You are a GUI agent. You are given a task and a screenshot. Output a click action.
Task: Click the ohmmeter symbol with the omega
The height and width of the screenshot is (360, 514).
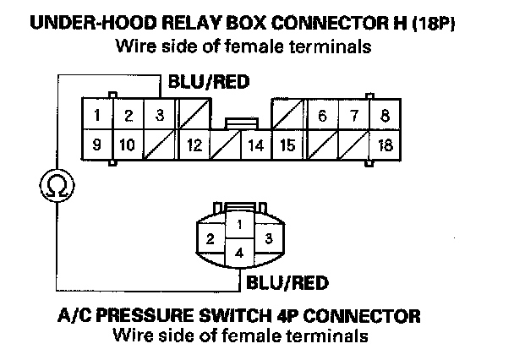click(x=57, y=185)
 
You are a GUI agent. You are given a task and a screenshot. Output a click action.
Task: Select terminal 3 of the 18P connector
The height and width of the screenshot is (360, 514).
click(x=160, y=114)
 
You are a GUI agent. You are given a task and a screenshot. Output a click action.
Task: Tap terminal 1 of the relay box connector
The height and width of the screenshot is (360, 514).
click(x=97, y=114)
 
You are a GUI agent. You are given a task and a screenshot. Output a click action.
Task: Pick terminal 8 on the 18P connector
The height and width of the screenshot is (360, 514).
click(x=385, y=115)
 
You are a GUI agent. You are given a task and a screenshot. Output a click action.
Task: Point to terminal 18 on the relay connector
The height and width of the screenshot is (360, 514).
click(x=385, y=145)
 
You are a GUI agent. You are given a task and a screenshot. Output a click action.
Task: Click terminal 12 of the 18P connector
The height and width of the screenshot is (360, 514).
click(x=194, y=145)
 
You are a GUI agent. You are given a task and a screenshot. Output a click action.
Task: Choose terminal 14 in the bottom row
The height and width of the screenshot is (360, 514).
click(x=256, y=145)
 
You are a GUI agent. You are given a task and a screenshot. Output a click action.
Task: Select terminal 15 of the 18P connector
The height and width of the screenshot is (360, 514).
click(x=288, y=145)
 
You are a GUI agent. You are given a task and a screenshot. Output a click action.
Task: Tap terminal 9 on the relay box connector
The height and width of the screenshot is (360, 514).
click(x=97, y=145)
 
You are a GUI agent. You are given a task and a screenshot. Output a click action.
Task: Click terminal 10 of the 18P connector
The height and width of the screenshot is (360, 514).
click(x=128, y=145)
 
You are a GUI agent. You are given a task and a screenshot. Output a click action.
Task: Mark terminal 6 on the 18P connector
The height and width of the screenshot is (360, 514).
click(x=323, y=115)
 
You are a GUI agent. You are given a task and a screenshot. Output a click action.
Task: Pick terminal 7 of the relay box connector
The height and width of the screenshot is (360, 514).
click(x=354, y=115)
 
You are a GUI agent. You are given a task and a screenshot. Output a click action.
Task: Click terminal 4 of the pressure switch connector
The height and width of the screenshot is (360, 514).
click(x=239, y=253)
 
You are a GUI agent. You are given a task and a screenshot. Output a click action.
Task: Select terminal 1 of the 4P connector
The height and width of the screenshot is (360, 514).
click(x=239, y=225)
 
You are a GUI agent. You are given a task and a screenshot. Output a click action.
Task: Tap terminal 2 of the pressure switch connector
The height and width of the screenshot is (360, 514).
click(x=211, y=238)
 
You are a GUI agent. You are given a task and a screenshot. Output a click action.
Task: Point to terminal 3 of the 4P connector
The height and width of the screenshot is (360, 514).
click(x=269, y=238)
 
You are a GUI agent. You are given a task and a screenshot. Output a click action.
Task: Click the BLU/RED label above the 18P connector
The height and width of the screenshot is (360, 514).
click(x=209, y=82)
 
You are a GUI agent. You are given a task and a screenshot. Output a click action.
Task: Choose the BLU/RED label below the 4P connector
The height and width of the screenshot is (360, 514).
click(x=287, y=283)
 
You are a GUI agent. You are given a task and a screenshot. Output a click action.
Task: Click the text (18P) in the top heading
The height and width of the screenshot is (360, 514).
click(x=434, y=24)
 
